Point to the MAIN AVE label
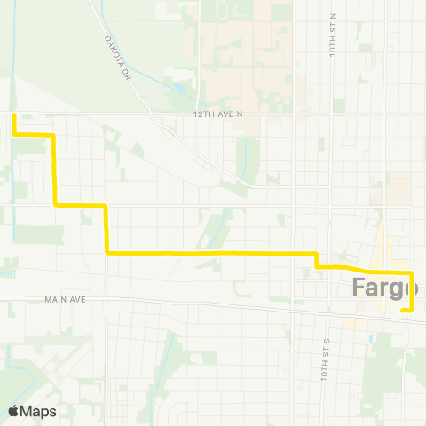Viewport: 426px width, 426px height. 64,300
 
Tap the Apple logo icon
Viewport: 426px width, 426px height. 15,411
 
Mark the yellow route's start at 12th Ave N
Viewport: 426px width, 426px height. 14,114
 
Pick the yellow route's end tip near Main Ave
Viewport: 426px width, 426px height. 403,311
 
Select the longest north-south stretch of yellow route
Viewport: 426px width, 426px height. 55,169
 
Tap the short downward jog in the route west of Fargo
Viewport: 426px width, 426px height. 317,259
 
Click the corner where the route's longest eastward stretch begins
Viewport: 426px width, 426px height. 106,253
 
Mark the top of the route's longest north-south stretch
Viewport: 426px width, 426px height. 55,135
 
